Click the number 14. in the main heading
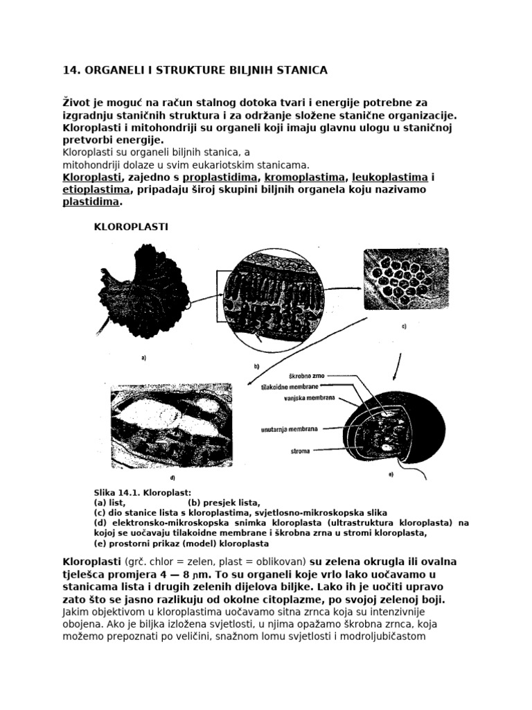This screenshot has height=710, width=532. pyautogui.click(x=72, y=70)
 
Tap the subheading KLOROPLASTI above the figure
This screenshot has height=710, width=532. pyautogui.click(x=131, y=226)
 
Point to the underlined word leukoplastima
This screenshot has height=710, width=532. pyautogui.click(x=389, y=177)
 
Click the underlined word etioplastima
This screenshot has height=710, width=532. pyautogui.click(x=96, y=189)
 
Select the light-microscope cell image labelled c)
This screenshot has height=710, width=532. pyautogui.click(x=405, y=279)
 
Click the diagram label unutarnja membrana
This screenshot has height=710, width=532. pyautogui.click(x=289, y=428)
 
